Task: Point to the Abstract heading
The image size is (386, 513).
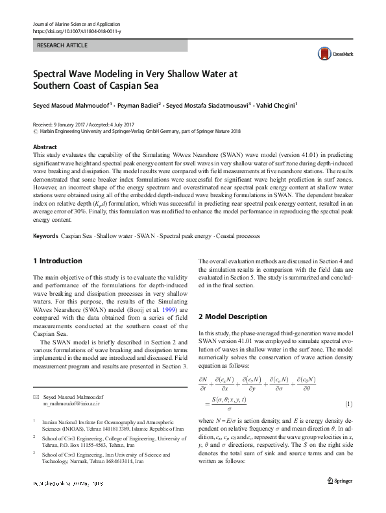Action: (x=45, y=147)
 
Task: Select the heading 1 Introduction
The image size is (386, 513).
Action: (x=58, y=261)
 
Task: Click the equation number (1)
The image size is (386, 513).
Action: (x=348, y=423)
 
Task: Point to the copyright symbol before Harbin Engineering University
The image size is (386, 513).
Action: (x=35, y=130)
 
